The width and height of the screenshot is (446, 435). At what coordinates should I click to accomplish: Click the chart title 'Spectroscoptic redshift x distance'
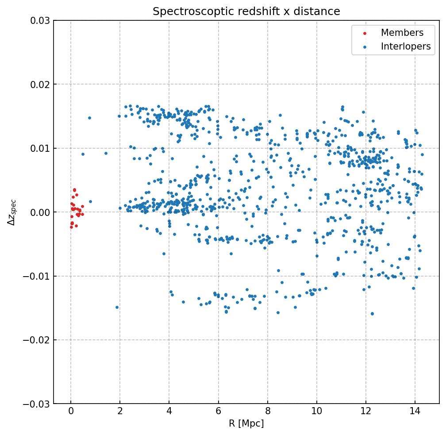click(246, 12)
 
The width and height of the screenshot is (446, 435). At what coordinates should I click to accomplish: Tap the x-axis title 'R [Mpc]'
click(246, 423)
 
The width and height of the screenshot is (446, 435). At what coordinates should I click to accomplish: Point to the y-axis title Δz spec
click(12, 212)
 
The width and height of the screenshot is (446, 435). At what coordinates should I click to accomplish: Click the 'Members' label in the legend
click(402, 33)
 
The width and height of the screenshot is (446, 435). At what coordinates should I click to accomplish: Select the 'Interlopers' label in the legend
click(405, 46)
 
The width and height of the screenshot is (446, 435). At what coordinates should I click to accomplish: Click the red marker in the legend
click(365, 33)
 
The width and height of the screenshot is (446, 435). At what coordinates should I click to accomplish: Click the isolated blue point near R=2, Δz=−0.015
click(117, 307)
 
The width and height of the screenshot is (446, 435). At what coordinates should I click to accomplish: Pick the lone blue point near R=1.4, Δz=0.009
click(106, 153)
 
